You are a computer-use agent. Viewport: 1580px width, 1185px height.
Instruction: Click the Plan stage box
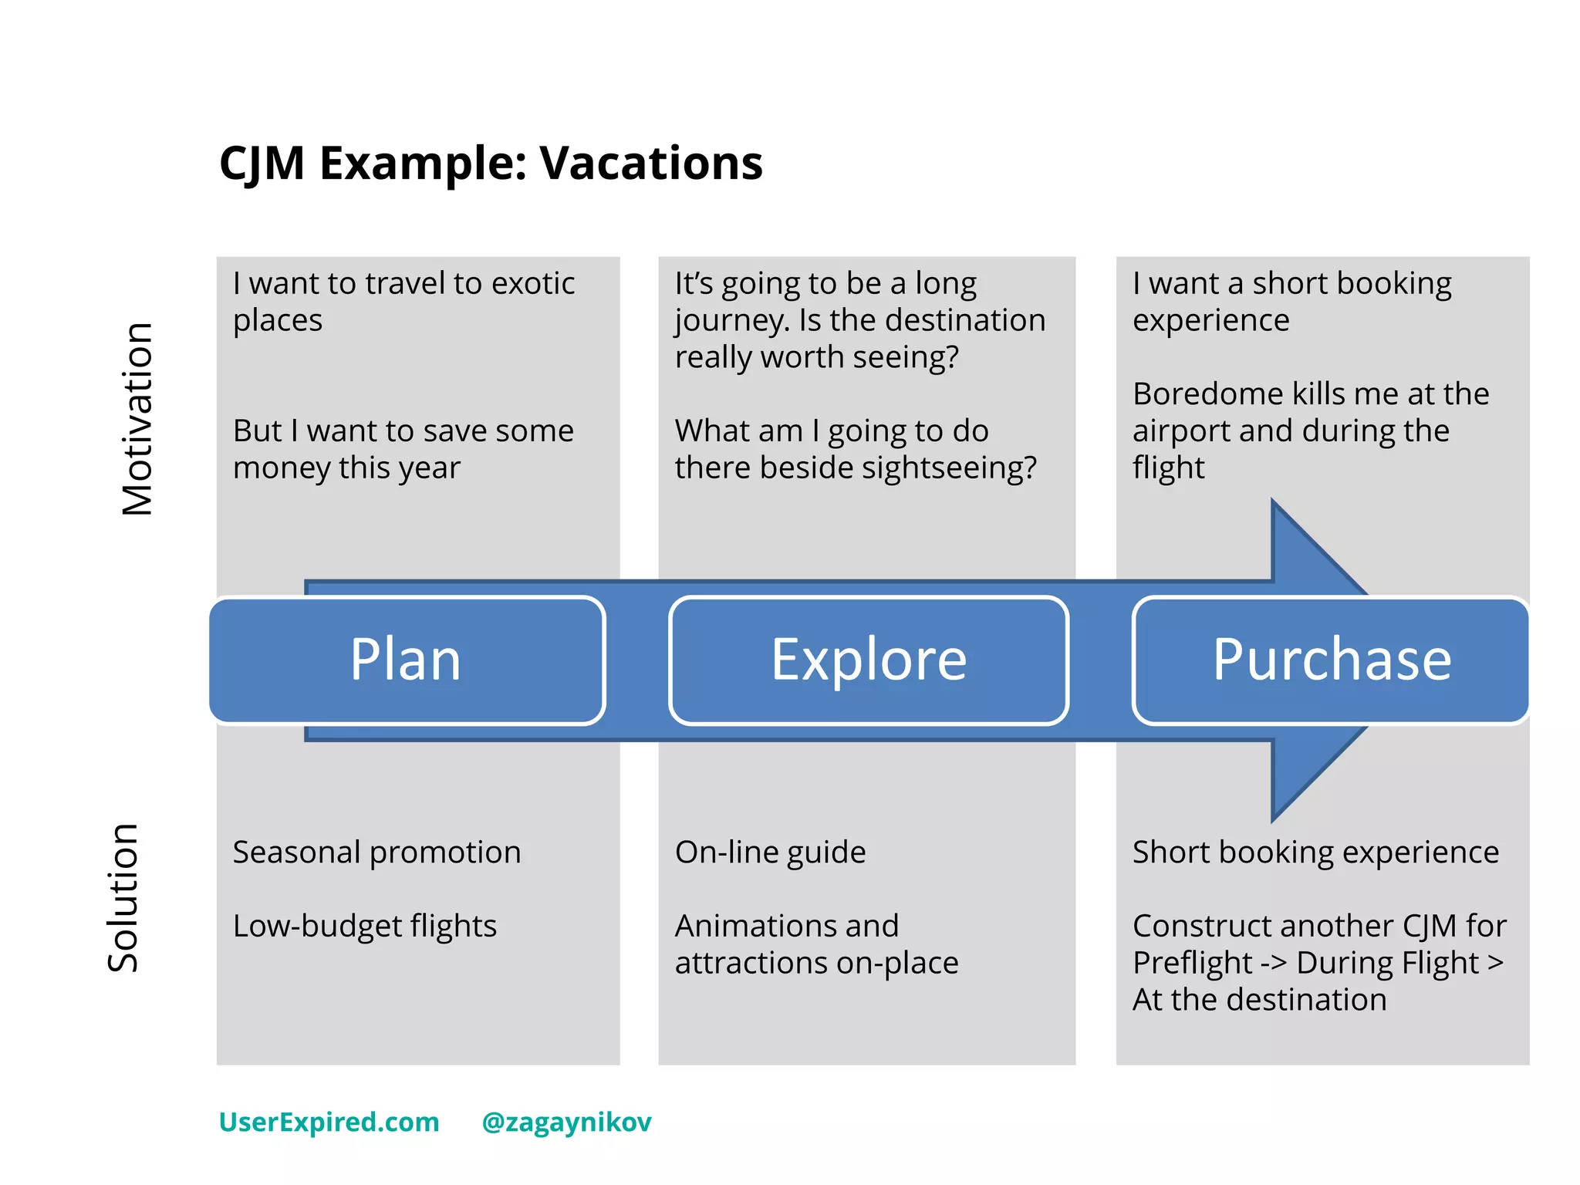tap(407, 660)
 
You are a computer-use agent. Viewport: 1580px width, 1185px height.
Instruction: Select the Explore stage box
tap(869, 660)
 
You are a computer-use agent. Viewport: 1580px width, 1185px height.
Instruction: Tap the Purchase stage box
tap(1332, 660)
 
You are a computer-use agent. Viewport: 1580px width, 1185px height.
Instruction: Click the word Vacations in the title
tap(650, 164)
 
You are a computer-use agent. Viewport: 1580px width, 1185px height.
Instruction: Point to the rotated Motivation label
tap(138, 419)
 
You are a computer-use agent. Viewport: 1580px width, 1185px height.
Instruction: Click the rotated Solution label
tap(123, 897)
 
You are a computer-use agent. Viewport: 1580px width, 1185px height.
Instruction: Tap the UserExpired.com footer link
tap(329, 1122)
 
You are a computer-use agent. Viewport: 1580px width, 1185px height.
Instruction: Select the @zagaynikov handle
tap(566, 1122)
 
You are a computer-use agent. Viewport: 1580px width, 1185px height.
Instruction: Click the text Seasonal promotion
tap(376, 852)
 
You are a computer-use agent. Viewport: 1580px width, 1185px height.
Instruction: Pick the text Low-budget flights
tap(364, 926)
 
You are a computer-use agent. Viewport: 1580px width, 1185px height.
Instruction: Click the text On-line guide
tap(770, 852)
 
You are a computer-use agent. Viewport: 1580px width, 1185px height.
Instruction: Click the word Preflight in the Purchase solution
tap(1192, 963)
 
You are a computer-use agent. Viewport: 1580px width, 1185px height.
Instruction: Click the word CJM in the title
tap(262, 164)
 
